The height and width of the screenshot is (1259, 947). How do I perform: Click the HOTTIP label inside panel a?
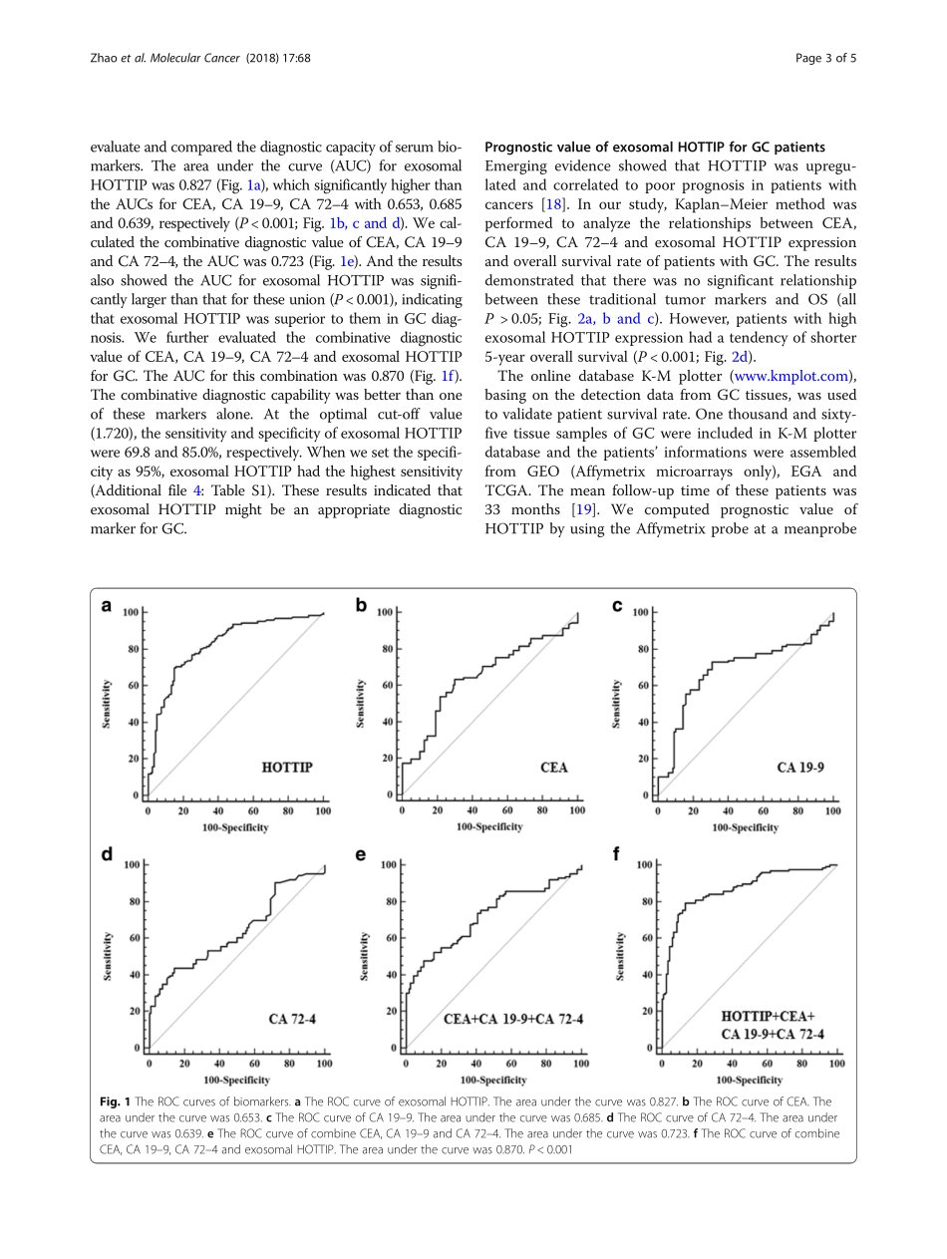[286, 768]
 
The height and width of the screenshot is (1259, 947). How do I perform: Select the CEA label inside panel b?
[553, 768]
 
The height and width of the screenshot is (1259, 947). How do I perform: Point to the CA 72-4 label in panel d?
[291, 1019]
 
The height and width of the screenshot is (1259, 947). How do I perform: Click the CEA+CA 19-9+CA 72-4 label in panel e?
[513, 1019]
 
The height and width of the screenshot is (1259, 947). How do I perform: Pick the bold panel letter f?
[617, 855]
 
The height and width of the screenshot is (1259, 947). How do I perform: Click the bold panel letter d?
[106, 855]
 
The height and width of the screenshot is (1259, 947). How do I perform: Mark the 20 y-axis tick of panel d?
[132, 1011]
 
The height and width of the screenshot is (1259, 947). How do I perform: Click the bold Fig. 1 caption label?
[114, 1102]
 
